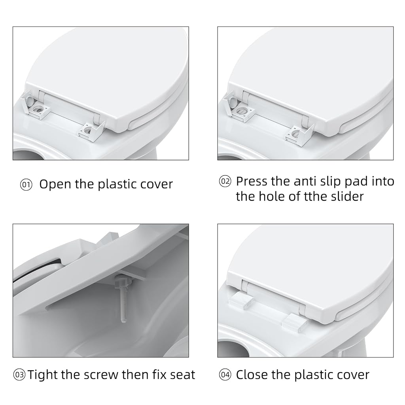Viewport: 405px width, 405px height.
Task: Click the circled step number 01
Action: click(x=26, y=185)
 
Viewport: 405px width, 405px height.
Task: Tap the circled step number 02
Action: click(x=225, y=181)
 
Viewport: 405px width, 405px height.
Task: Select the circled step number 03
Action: click(x=19, y=375)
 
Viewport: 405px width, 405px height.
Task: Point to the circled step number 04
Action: click(x=225, y=375)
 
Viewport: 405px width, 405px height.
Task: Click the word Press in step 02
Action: click(x=252, y=181)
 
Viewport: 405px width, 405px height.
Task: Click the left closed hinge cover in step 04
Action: click(x=241, y=300)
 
